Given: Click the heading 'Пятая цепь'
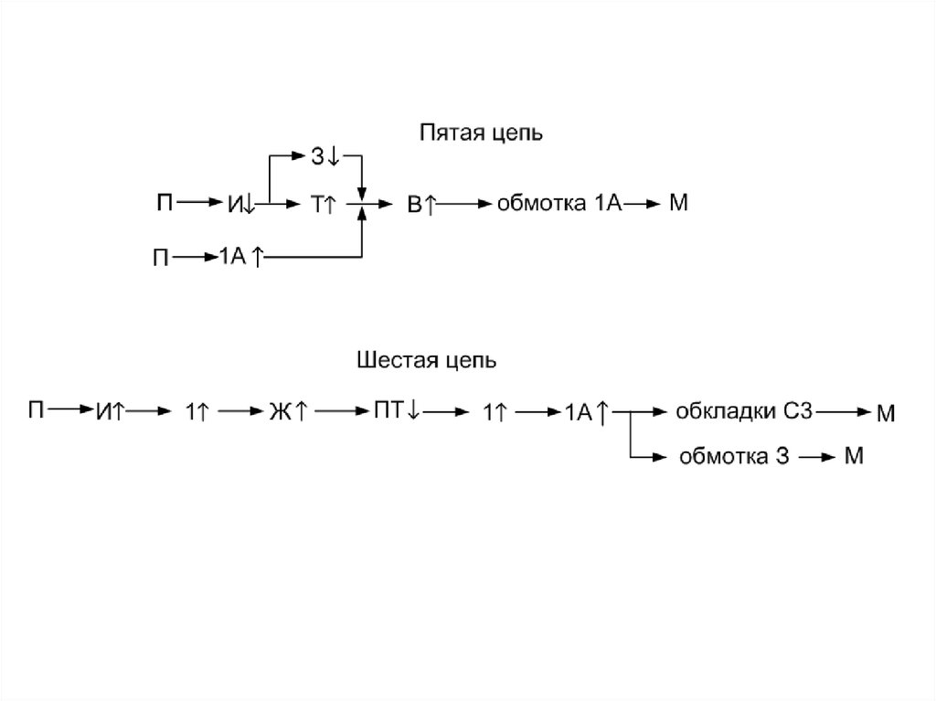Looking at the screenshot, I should pos(481,134).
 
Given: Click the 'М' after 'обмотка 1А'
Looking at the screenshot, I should pos(677,204).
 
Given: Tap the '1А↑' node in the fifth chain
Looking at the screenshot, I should pos(240,259).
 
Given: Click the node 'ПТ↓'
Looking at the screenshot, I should pos(396,411).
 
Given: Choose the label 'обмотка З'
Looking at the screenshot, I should pos(733,456).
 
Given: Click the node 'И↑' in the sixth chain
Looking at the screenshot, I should pos(109,413).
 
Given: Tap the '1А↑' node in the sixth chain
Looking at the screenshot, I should pos(586,413).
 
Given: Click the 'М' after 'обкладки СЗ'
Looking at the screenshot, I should pos(886,414).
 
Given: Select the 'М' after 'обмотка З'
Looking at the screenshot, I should pos(853,456).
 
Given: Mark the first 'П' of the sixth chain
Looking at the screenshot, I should pos(35,410).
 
